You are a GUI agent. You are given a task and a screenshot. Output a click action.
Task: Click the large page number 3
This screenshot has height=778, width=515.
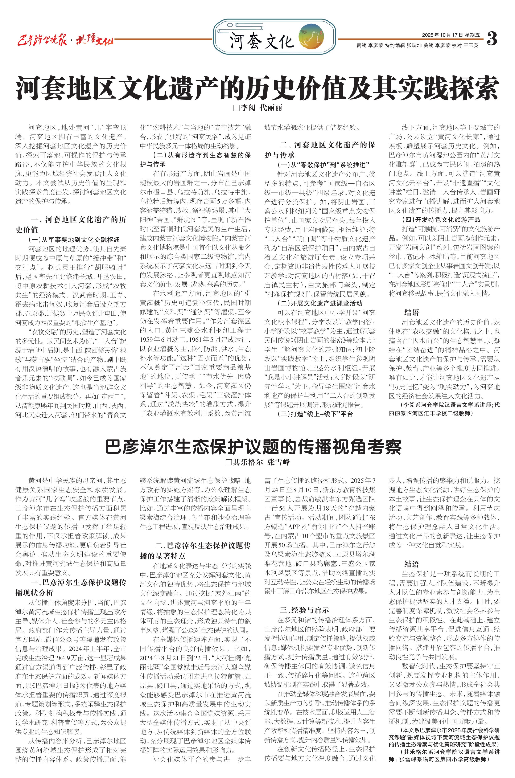492,38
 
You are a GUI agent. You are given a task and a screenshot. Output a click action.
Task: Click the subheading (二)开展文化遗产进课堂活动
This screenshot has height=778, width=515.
320,303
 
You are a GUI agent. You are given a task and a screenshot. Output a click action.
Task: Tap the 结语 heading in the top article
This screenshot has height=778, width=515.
411,312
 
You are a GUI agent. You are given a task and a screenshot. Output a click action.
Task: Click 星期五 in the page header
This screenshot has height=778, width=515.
473,35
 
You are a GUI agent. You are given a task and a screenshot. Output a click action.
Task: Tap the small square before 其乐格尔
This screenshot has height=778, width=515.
229,462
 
